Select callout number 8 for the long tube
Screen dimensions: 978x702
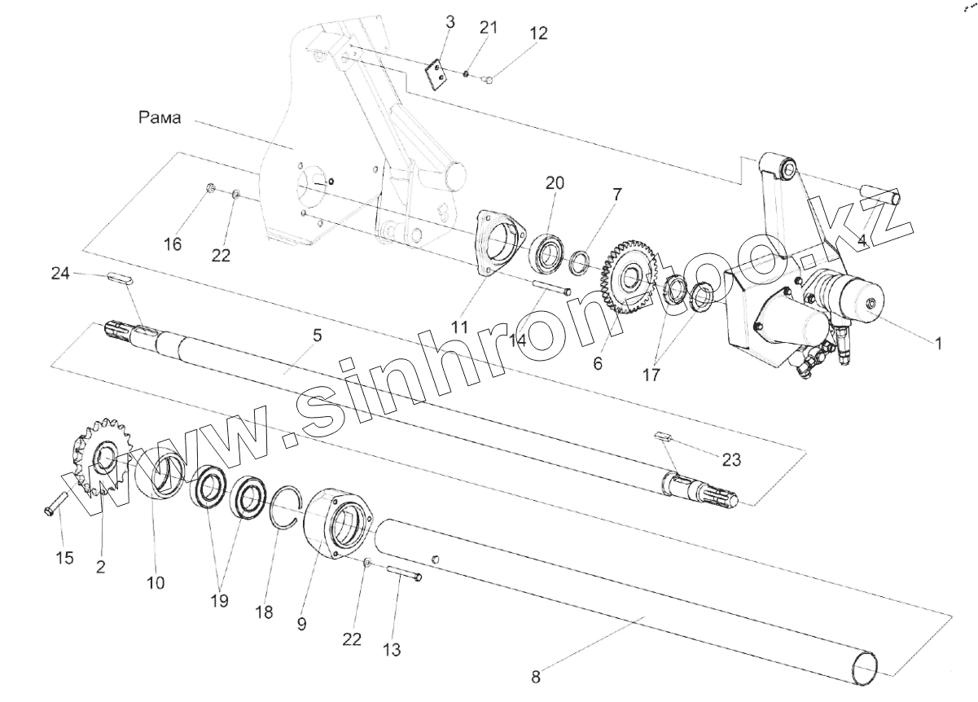[x=535, y=675]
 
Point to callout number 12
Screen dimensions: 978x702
[x=538, y=33]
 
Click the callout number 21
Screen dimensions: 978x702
[x=488, y=27]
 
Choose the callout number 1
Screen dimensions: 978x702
[x=937, y=344]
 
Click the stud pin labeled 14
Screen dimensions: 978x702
[x=552, y=289]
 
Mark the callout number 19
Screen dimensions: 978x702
[x=218, y=600]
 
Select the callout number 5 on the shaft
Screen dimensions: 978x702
[x=317, y=335]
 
